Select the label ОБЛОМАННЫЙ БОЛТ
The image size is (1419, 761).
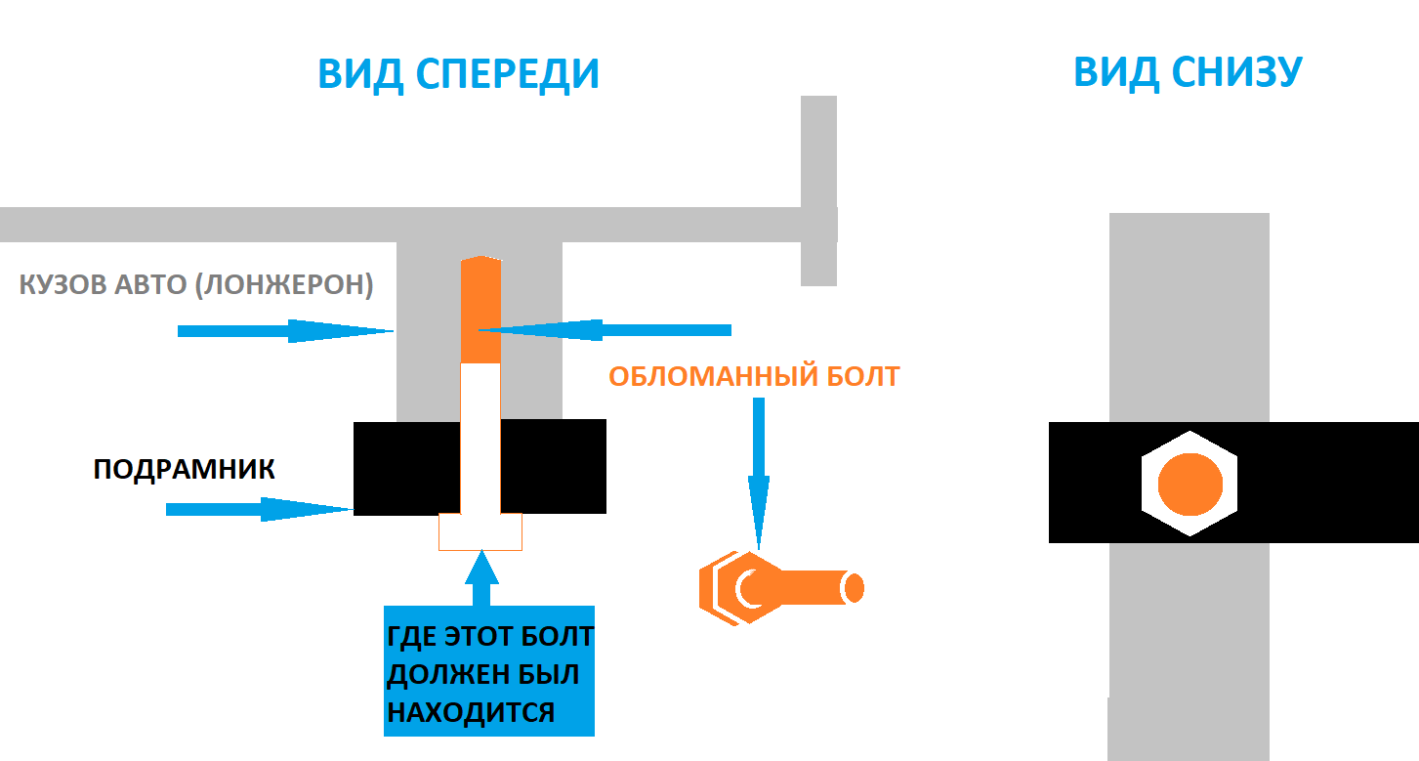point(753,377)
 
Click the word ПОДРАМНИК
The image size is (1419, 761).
point(184,470)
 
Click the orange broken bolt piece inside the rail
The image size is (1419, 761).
point(480,310)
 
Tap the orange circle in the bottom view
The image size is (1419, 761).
point(1189,485)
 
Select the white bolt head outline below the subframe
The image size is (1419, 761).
point(480,531)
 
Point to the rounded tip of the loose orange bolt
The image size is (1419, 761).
point(855,587)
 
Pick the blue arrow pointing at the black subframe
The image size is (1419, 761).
point(258,509)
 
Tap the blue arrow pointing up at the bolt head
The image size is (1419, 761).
point(480,577)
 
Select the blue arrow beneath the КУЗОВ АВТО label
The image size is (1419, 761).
point(284,331)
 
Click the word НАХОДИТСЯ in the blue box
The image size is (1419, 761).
point(471,711)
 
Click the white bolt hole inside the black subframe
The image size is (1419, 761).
point(480,467)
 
